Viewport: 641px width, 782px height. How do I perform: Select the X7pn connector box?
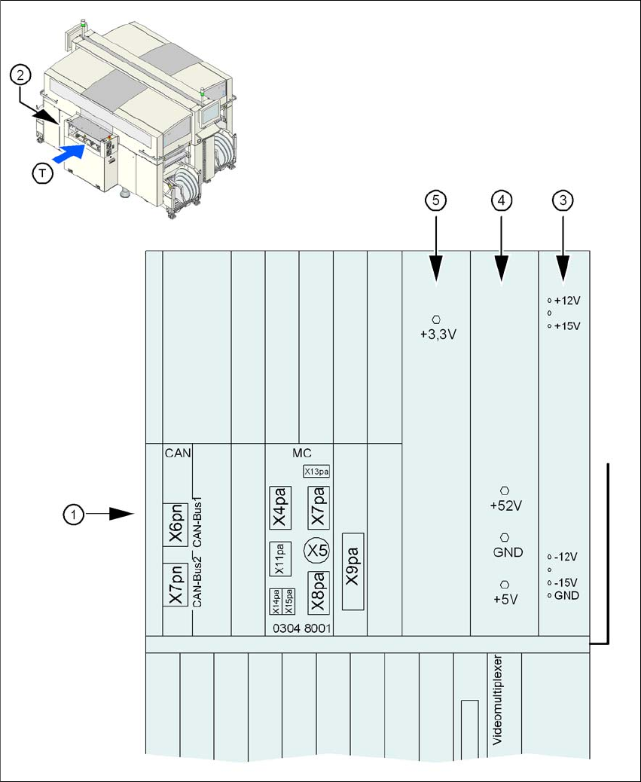pyautogui.click(x=177, y=584)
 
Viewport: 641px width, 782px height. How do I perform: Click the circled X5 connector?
pyautogui.click(x=317, y=551)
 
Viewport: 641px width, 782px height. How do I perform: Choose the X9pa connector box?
pyautogui.click(x=353, y=571)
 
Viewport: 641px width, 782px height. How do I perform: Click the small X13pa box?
pyautogui.click(x=316, y=471)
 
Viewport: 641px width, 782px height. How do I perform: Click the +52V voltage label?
pyautogui.click(x=505, y=506)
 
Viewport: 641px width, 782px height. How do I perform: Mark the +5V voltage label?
pyautogui.click(x=505, y=601)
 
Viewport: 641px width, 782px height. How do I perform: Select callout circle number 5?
pyautogui.click(x=436, y=200)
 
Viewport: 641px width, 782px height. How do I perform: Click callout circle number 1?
pyautogui.click(x=72, y=514)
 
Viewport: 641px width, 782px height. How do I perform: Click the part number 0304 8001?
pyautogui.click(x=301, y=628)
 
